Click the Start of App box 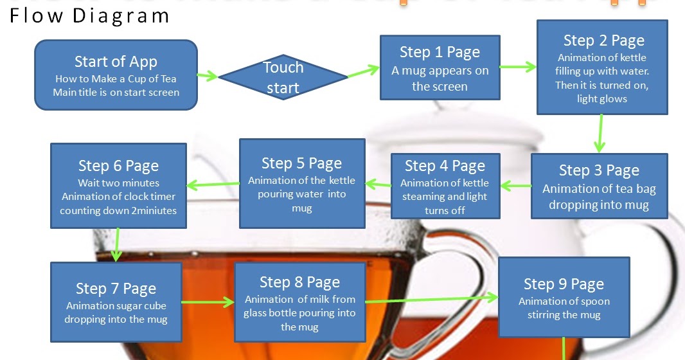click(116, 76)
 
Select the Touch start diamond click(283, 77)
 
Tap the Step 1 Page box click(440, 67)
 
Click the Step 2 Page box click(602, 67)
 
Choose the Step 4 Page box click(445, 186)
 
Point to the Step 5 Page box click(301, 183)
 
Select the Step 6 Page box click(118, 186)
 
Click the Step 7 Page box click(116, 302)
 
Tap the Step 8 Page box click(299, 301)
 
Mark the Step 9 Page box click(564, 296)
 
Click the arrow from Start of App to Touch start click(207, 76)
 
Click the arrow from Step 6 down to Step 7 click(117, 244)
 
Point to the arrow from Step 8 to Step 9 click(431, 299)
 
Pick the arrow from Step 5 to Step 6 click(213, 185)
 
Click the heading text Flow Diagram click(89, 15)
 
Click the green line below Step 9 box click(564, 348)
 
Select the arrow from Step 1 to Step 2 click(518, 66)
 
